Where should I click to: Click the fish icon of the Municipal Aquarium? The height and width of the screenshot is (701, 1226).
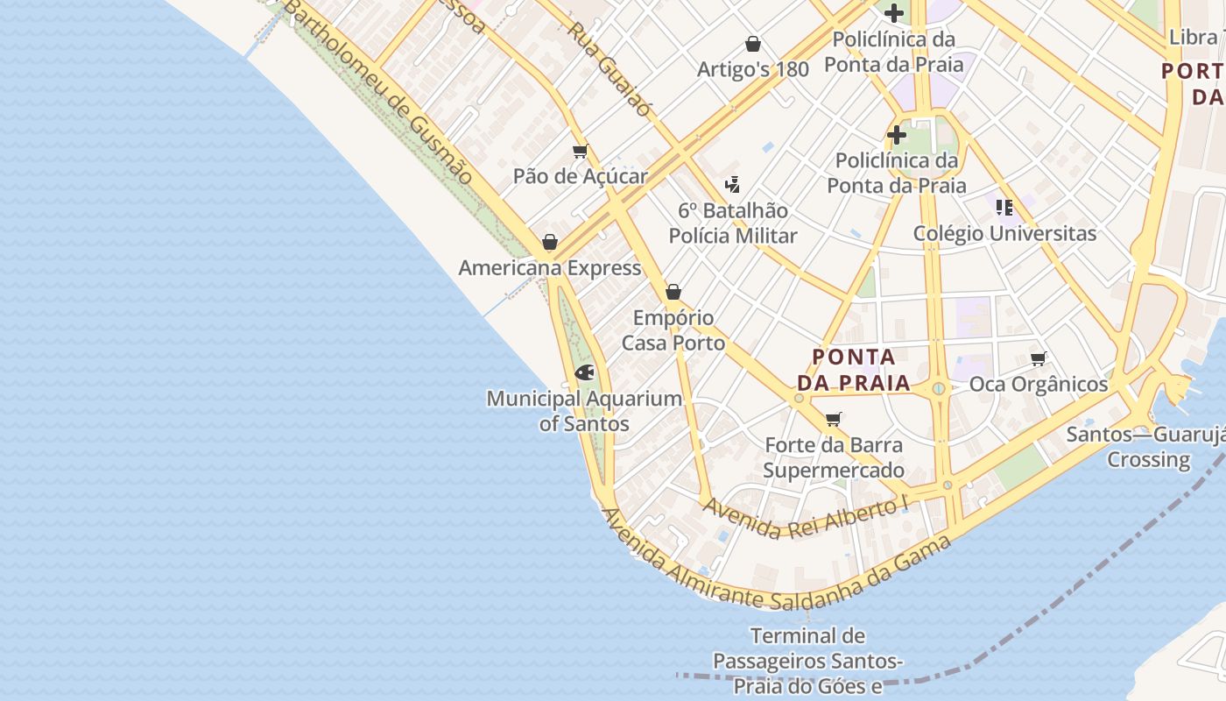click(x=584, y=372)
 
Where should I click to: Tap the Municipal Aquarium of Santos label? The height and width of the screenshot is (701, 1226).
click(x=584, y=411)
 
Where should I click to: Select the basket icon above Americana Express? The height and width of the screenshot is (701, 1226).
click(x=550, y=242)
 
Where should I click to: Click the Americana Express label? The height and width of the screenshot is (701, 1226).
click(x=550, y=268)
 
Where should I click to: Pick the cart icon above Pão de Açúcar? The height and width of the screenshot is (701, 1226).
click(x=580, y=152)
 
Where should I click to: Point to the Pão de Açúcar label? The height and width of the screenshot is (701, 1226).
click(x=580, y=176)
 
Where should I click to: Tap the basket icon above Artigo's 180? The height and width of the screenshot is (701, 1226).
click(x=752, y=44)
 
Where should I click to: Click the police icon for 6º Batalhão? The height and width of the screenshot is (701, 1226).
click(x=733, y=185)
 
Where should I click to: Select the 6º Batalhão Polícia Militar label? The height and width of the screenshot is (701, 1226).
click(x=733, y=223)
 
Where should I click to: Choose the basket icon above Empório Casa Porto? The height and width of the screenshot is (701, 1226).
click(x=673, y=292)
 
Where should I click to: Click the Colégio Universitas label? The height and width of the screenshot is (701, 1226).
click(x=1004, y=234)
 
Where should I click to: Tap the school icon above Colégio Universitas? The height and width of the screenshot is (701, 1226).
click(x=1004, y=208)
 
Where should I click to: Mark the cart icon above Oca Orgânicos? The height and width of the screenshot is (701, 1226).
click(x=1039, y=358)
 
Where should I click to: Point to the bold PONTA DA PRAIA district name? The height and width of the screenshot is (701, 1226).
click(x=853, y=370)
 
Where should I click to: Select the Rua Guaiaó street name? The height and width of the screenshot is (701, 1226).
click(x=609, y=68)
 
